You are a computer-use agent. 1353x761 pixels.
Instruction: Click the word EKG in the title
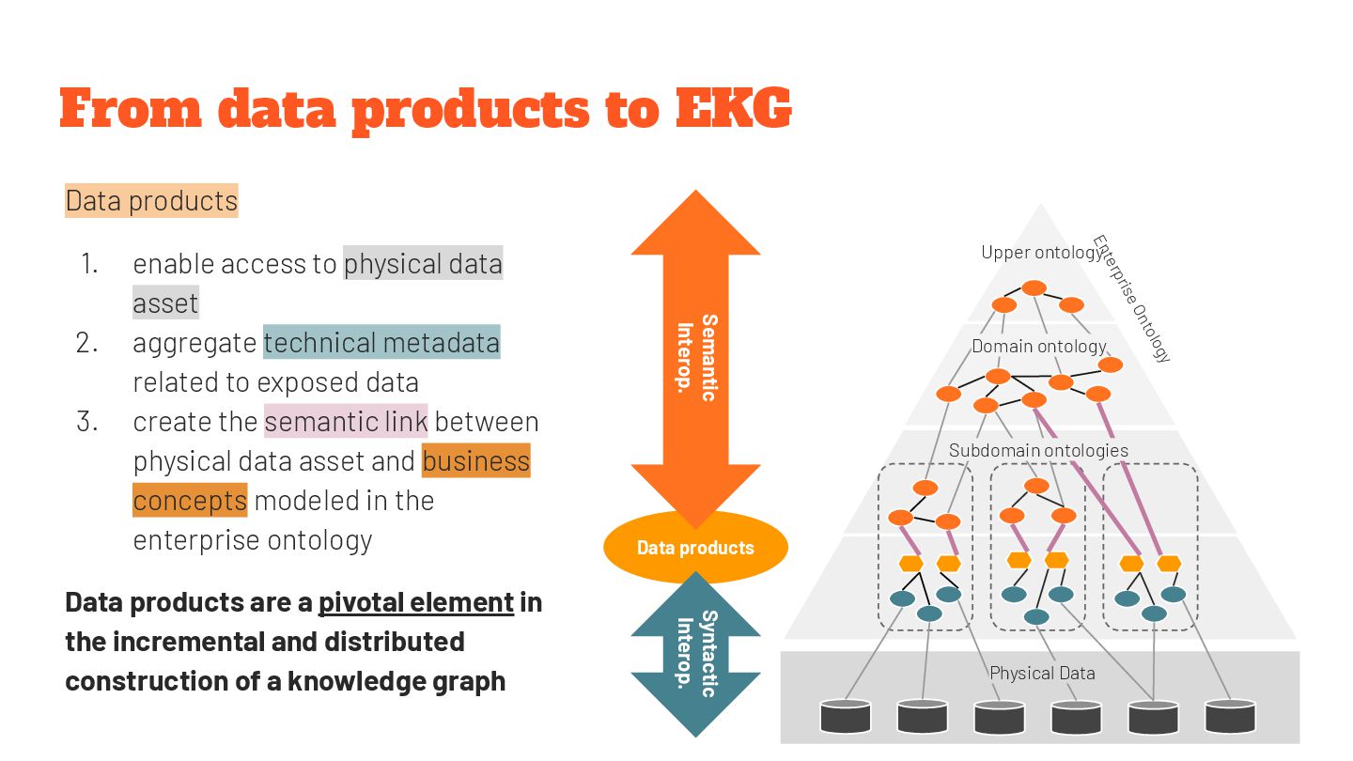point(733,108)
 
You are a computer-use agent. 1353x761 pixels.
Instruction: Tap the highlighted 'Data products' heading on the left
point(151,201)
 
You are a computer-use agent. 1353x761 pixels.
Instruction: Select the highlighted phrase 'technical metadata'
point(381,343)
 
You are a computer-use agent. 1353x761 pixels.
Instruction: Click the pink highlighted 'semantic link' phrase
point(346,422)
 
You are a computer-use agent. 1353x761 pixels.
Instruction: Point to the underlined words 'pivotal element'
point(416,602)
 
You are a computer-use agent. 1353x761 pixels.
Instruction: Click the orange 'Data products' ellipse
point(695,547)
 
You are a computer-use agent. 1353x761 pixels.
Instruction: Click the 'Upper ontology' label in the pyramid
point(1039,252)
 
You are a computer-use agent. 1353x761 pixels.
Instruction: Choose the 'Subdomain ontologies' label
point(1038,450)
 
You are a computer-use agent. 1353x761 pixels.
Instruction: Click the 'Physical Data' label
point(1042,673)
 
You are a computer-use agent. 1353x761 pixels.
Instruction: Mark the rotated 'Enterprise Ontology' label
point(1132,299)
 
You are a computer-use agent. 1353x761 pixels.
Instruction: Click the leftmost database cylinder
point(846,716)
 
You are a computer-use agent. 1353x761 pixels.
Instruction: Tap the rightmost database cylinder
point(1231,716)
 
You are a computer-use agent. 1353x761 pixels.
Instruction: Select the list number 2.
point(87,343)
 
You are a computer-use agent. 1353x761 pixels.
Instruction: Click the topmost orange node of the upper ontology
point(1034,287)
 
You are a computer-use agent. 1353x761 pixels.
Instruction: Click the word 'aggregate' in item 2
point(194,343)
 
